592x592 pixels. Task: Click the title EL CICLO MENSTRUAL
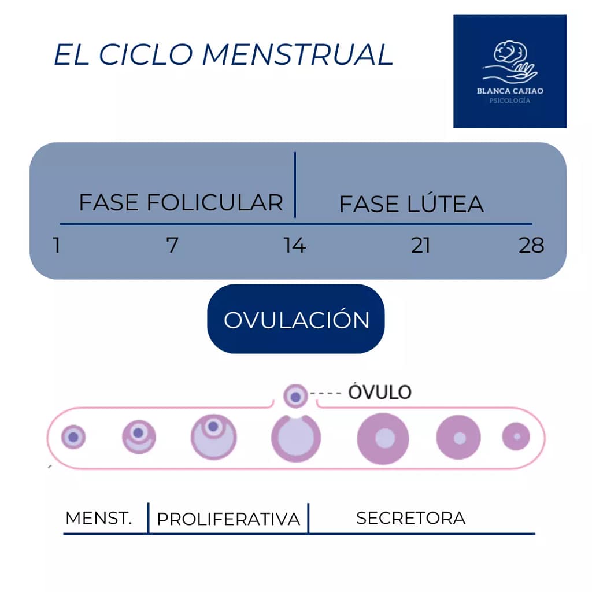(223, 55)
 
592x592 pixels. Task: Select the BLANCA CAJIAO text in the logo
(509, 91)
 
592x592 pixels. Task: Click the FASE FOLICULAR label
(181, 203)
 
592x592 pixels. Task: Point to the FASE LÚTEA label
(411, 205)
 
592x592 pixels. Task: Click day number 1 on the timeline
(56, 246)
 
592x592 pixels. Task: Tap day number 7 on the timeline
(172, 246)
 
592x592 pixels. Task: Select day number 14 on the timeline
(294, 246)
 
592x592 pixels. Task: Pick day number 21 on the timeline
(420, 246)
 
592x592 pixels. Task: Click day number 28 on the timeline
(531, 246)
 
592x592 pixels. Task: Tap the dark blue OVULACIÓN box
(296, 319)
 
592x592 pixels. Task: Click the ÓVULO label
(379, 392)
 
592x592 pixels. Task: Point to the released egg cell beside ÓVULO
(295, 396)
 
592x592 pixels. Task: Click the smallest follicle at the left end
(73, 437)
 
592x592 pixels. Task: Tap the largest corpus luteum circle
(383, 438)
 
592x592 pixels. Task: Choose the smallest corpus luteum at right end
(516, 436)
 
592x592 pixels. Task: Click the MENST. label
(99, 518)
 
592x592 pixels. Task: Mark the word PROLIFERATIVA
(228, 519)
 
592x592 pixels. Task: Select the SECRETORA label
(410, 518)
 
